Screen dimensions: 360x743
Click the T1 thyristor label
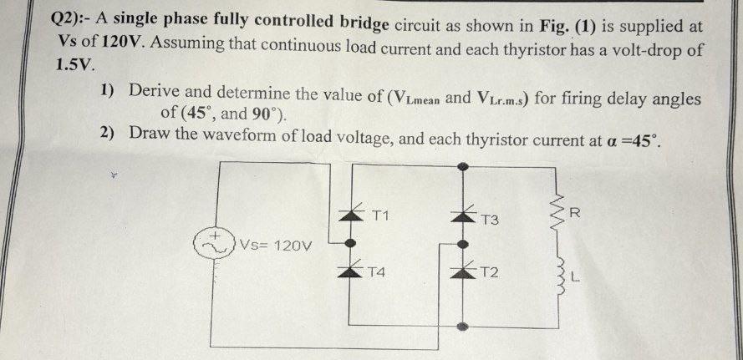click(x=380, y=215)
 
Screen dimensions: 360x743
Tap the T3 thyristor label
click(x=490, y=221)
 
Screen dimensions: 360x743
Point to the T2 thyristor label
click(x=490, y=274)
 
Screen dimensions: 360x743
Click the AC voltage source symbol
click(x=212, y=243)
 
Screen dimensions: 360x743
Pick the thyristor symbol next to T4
click(x=351, y=270)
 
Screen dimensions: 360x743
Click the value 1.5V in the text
click(x=76, y=64)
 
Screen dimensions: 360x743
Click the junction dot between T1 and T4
click(x=351, y=243)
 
